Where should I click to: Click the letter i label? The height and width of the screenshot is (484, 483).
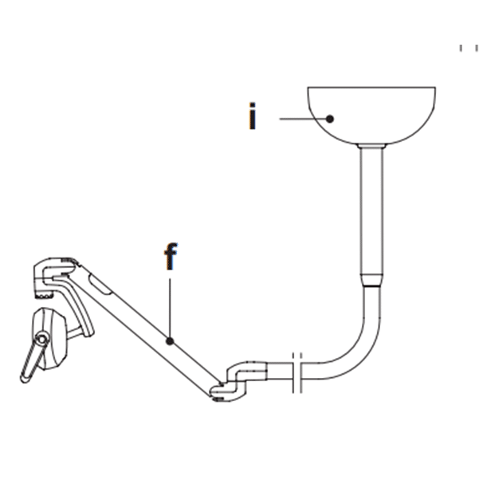(253, 116)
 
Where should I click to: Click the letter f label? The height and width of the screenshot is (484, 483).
(171, 257)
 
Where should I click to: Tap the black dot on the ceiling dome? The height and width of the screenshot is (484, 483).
(330, 119)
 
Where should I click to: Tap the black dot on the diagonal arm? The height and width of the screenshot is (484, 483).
(170, 341)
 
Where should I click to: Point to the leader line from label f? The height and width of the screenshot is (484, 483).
(170, 308)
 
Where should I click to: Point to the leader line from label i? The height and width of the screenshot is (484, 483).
(303, 119)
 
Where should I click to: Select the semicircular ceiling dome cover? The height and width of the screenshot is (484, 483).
(371, 116)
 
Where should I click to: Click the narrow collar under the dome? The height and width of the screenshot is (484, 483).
(371, 146)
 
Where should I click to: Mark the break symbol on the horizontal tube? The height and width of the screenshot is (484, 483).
(297, 372)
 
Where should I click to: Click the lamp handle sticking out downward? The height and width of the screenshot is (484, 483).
(31, 360)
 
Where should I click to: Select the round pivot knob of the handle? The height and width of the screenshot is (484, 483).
(41, 339)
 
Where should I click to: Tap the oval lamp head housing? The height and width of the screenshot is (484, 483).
(50, 339)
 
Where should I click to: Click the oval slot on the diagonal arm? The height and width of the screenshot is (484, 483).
(100, 284)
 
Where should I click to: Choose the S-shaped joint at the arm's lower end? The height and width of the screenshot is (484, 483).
(238, 381)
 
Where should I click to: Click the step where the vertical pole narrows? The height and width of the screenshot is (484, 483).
(371, 279)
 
